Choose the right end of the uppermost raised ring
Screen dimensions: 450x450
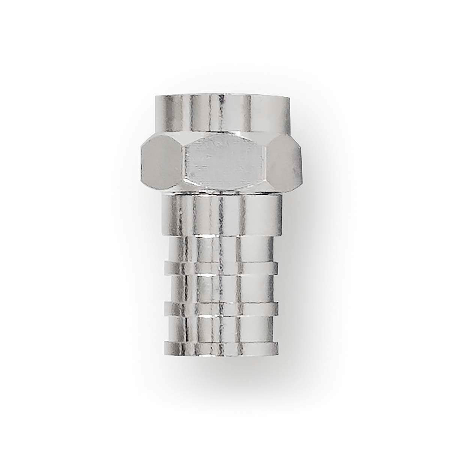click(277, 267)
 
